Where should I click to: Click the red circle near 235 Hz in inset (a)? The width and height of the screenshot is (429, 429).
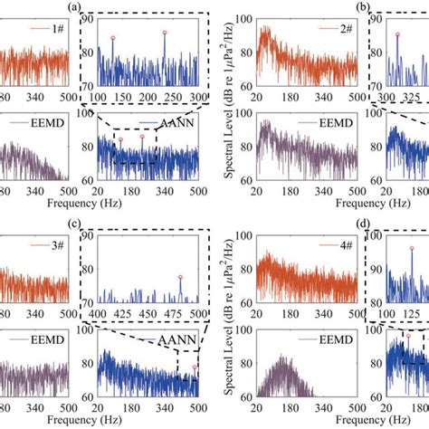pyautogui.click(x=165, y=33)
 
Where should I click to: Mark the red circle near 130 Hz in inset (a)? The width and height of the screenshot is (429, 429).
pyautogui.click(x=113, y=38)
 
